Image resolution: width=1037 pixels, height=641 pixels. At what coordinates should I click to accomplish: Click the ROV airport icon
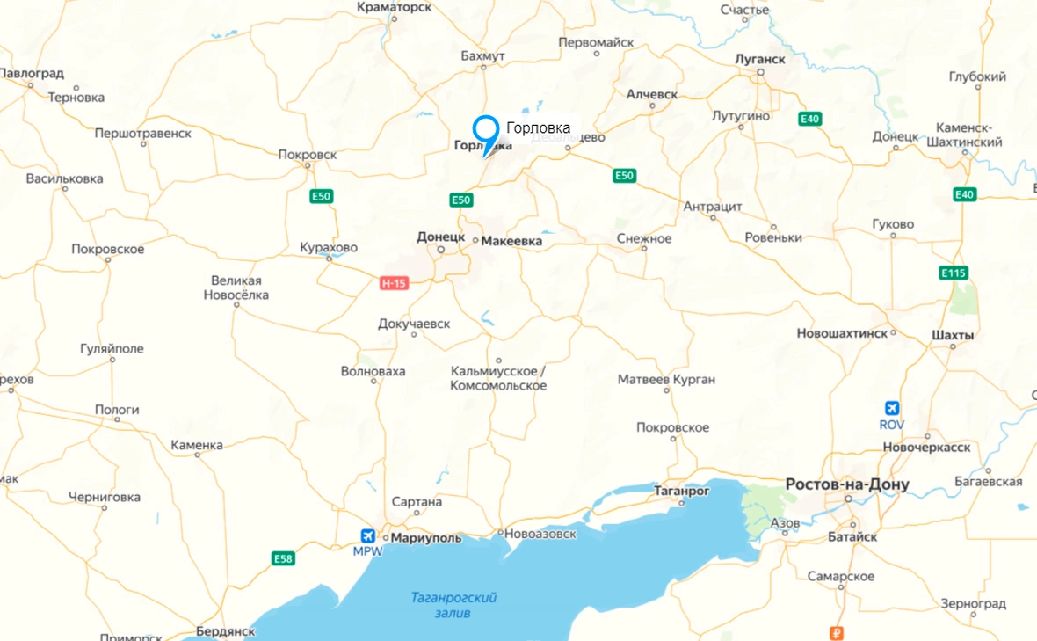click(x=892, y=409)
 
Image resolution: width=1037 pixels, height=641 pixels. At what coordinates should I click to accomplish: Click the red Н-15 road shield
click(x=393, y=283)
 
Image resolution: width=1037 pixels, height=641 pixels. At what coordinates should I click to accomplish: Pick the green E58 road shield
click(x=283, y=558)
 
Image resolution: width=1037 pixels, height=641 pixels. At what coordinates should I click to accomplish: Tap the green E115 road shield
click(x=953, y=273)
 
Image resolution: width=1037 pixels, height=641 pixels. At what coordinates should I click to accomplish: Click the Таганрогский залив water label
click(x=453, y=605)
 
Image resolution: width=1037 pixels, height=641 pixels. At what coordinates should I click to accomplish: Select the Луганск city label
click(x=759, y=59)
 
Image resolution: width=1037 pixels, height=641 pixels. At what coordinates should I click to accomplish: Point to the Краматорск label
click(x=395, y=7)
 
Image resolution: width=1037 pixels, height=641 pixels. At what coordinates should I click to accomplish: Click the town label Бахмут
click(x=482, y=56)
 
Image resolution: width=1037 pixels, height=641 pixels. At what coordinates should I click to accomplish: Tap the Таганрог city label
click(x=682, y=491)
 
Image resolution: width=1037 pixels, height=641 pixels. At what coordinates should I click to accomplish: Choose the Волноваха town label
click(x=373, y=371)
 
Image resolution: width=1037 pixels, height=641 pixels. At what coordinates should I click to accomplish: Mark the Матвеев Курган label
click(x=666, y=380)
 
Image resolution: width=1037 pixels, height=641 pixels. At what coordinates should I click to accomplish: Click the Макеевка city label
click(x=512, y=241)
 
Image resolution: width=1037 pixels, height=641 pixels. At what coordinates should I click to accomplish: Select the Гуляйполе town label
click(x=112, y=349)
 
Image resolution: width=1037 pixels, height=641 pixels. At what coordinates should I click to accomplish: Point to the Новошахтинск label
click(x=841, y=334)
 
